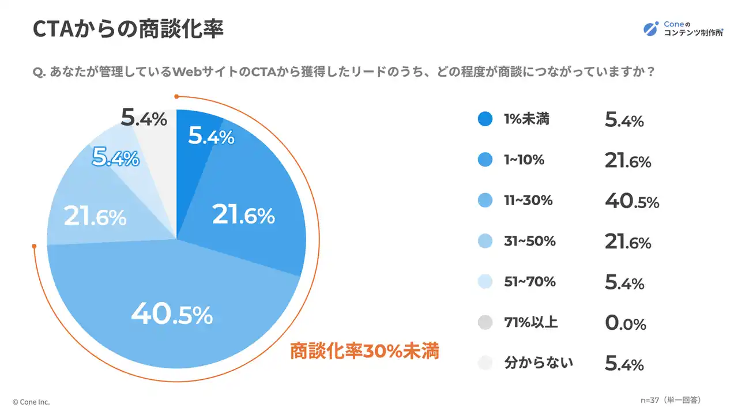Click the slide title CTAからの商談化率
coord(128,29)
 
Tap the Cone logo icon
coord(651,29)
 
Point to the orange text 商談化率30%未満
coord(364,350)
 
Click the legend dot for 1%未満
coord(485,119)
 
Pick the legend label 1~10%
coord(524,160)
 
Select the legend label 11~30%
coord(528,201)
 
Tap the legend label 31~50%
coord(529,242)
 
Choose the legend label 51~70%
coord(529,282)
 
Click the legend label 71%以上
coord(531,322)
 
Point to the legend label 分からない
coord(539,363)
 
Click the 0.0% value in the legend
coord(626,323)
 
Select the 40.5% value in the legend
coord(632,201)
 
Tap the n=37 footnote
coord(671,399)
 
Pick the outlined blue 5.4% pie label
coord(116,157)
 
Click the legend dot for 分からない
coord(485,363)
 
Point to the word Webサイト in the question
coord(206,73)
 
